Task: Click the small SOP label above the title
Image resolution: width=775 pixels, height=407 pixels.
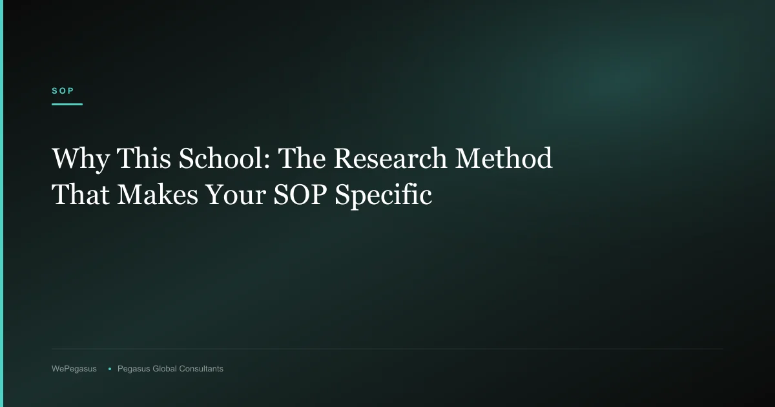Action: pos(63,91)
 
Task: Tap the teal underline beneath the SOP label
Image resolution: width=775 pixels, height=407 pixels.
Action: pos(67,104)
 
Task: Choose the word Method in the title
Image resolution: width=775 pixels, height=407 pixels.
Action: pos(504,159)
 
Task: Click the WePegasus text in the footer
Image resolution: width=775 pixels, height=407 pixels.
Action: pos(74,369)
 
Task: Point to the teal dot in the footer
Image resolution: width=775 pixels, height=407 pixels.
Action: pos(110,369)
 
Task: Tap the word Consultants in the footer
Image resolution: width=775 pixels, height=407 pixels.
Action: pos(201,369)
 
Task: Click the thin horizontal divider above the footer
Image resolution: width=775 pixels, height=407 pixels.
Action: pos(387,349)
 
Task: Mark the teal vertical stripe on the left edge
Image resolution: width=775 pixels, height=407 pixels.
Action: pos(1,203)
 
